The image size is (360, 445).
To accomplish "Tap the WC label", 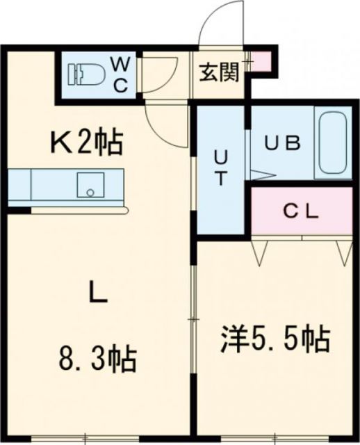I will tap(119, 74).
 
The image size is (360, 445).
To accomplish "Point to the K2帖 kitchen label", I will tap(85, 143).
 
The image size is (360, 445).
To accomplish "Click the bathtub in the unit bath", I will tap(332, 145).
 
